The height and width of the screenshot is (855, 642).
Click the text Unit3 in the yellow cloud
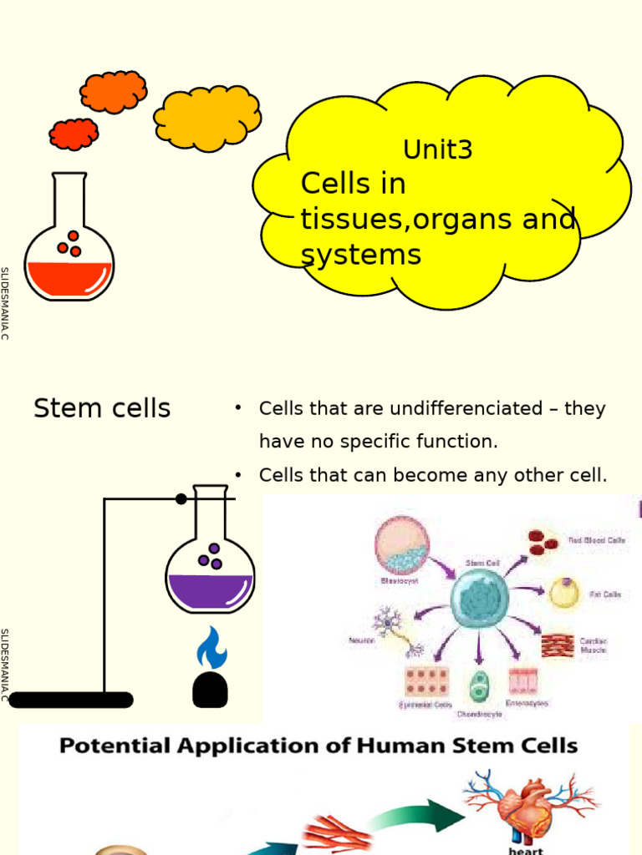(x=437, y=150)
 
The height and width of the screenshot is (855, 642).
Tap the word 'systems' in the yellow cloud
(x=361, y=255)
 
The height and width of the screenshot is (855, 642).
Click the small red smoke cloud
(x=74, y=134)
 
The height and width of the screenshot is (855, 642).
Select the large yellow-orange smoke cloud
(x=206, y=118)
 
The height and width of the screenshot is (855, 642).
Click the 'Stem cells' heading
(x=102, y=408)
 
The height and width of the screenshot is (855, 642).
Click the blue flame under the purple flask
(x=211, y=648)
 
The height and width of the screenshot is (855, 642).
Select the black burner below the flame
(x=210, y=690)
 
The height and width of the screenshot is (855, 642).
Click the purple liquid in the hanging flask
(x=210, y=590)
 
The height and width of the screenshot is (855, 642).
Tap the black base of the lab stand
(x=71, y=700)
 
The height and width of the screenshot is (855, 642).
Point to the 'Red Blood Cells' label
(x=596, y=540)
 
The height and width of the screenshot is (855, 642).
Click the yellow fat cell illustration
(x=563, y=594)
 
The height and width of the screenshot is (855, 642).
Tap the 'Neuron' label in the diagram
(x=360, y=640)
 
